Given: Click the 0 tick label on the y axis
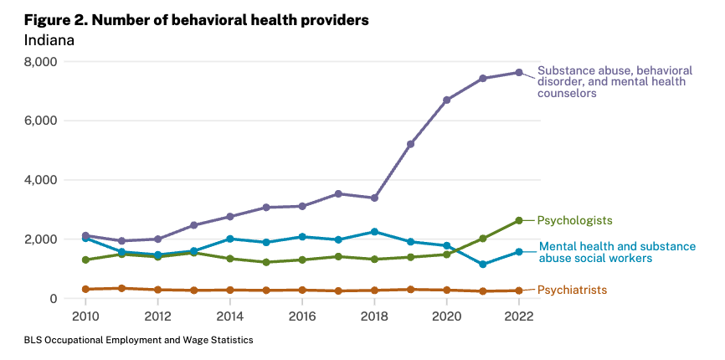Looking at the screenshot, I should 53,299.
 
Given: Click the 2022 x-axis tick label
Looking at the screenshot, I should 519,317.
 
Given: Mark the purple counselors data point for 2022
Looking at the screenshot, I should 519,72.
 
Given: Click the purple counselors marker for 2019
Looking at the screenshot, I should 410,144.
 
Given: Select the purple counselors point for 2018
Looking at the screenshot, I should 374,198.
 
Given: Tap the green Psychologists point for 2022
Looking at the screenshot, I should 519,220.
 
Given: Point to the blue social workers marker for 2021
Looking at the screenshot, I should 483,265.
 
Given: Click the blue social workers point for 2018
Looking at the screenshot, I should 374,232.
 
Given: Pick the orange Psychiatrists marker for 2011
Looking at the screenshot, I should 121,288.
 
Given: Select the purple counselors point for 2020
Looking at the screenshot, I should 447,100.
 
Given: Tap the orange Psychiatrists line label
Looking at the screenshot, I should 572,291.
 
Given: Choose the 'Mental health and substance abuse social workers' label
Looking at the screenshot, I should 617,252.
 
